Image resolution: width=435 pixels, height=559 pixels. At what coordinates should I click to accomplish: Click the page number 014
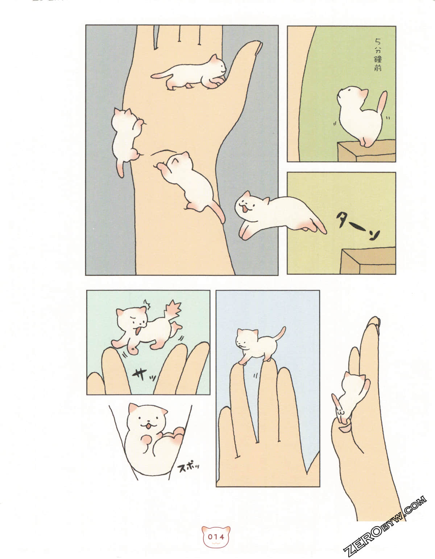click(216, 537)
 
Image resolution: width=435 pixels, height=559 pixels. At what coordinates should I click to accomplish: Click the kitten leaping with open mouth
click(275, 214)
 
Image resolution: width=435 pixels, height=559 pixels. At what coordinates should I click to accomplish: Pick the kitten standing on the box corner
click(359, 116)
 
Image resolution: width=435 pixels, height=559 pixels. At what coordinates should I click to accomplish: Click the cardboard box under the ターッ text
click(368, 261)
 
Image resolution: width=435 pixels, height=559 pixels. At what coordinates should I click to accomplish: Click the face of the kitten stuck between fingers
click(147, 421)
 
